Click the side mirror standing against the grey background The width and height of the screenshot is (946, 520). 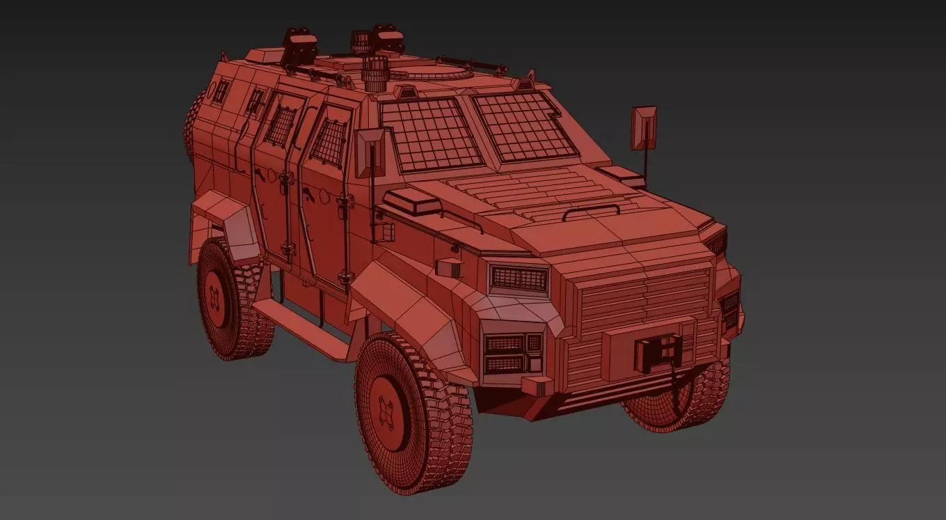[x=643, y=128]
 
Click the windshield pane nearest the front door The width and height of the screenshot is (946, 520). [x=432, y=134]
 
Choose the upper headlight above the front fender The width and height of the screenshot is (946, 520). [x=519, y=279]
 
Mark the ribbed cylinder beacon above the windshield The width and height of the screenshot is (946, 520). [x=376, y=73]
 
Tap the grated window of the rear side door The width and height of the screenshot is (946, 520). [x=282, y=123]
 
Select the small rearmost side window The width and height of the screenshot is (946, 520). [x=221, y=90]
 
